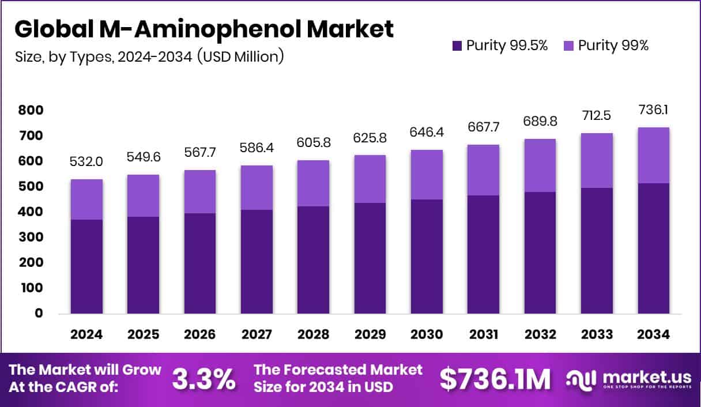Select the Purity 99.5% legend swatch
click(457, 46)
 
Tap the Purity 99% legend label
click(613, 46)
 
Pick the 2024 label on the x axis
click(86, 335)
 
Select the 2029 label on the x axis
click(370, 335)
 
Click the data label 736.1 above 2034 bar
click(654, 110)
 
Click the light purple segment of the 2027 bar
click(257, 187)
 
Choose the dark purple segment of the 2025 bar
click(143, 265)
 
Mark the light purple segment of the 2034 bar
click(654, 155)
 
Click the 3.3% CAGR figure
click(204, 379)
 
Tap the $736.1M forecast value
click(495, 379)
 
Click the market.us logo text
click(646, 377)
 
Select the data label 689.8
click(540, 122)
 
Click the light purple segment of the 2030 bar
click(427, 175)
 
